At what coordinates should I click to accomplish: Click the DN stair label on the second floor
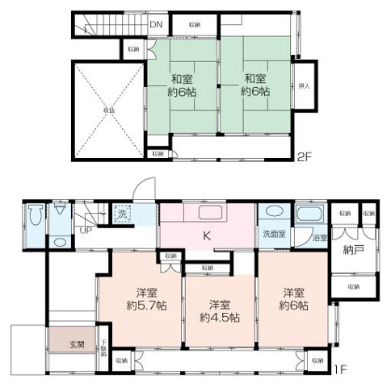(156, 24)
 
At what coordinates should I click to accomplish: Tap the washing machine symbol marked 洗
(122, 214)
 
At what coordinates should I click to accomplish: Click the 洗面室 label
(271, 235)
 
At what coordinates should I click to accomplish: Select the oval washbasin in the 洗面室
(272, 214)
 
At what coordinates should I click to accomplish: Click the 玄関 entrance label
(74, 345)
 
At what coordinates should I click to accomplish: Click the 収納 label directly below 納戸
(354, 286)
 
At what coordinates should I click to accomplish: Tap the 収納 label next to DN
(195, 25)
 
